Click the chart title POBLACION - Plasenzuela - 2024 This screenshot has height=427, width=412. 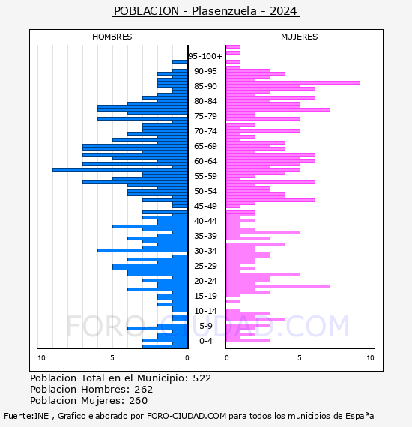click(206, 11)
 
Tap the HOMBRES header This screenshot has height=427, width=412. click(112, 37)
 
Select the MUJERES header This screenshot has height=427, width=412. click(300, 37)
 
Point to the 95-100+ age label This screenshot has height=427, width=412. click(205, 56)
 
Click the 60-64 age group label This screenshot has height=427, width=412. click(205, 161)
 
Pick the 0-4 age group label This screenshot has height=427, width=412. click(206, 341)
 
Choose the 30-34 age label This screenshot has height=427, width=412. click(205, 251)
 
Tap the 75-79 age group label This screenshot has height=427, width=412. click(205, 116)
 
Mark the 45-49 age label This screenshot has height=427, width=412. click(205, 206)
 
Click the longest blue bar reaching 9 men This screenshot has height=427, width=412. click(120, 169)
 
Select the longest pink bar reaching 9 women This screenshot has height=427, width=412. click(293, 83)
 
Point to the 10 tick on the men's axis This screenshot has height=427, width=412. click(41, 358)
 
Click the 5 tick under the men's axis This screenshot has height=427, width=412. click(112, 358)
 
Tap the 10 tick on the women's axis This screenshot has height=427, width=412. click(370, 358)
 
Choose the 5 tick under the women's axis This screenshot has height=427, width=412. click(300, 358)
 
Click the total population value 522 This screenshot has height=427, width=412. click(202, 378)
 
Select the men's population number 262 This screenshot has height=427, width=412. click(144, 389)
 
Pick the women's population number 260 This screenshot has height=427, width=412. click(139, 400)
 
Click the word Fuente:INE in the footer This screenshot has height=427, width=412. click(26, 416)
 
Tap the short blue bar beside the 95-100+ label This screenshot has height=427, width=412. click(180, 62)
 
